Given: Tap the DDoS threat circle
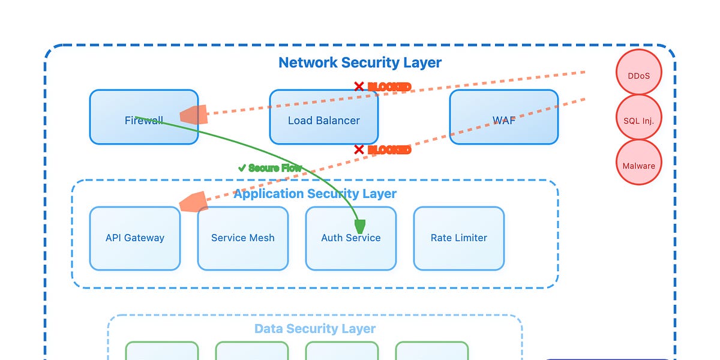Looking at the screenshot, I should click(x=638, y=76).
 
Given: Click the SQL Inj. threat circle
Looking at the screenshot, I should click(x=638, y=121).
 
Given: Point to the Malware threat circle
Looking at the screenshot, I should click(x=638, y=166).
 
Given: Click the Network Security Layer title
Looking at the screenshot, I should click(x=360, y=62).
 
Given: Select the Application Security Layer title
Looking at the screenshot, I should click(x=315, y=194).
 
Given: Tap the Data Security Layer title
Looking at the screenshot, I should click(x=315, y=329).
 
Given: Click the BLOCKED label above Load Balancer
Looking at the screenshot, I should click(x=389, y=87).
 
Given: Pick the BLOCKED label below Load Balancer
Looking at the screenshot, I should click(x=389, y=149).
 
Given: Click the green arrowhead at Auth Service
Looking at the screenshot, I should click(x=360, y=226).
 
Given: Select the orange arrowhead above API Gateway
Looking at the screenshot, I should click(x=194, y=202).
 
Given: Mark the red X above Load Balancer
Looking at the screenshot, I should click(x=359, y=87).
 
